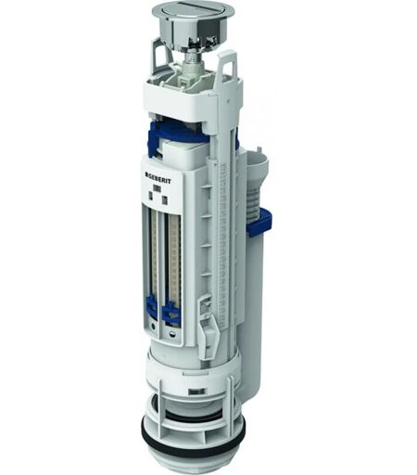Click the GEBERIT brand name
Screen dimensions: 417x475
click(x=158, y=180)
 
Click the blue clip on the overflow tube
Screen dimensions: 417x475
click(x=259, y=221)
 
